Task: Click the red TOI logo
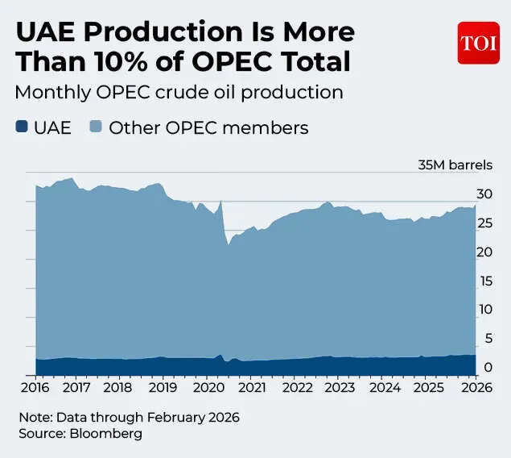(x=480, y=43)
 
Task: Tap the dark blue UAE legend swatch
(x=22, y=127)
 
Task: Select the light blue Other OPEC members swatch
(x=95, y=127)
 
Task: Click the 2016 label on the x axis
(x=35, y=388)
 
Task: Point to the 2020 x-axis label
(x=208, y=388)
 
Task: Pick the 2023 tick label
(x=339, y=388)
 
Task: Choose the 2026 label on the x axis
(x=473, y=388)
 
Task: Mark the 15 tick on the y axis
(x=483, y=281)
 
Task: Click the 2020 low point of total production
(x=227, y=244)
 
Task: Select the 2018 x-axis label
(x=121, y=388)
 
